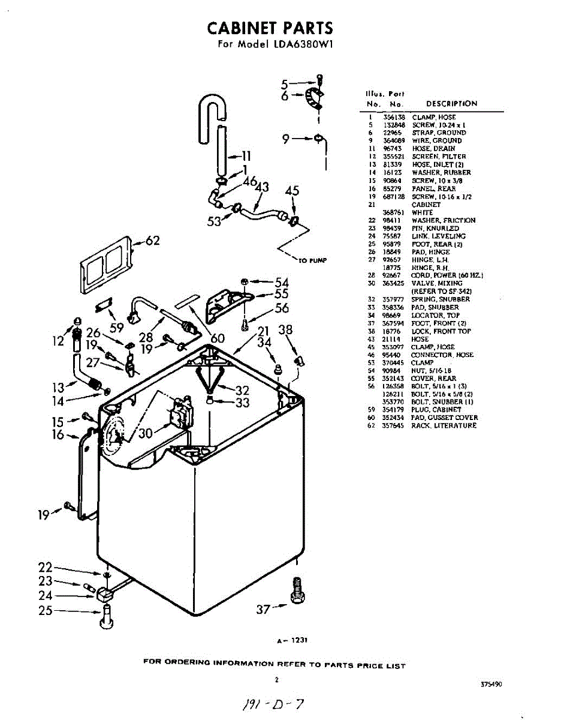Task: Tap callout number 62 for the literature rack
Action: pos(153,241)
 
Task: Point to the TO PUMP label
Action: pos(311,260)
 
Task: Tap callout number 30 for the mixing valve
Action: pos(146,433)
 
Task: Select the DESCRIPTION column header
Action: pos(451,104)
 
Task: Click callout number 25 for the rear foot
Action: pos(45,611)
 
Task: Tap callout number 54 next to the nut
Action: pos(282,282)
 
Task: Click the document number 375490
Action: pos(491,684)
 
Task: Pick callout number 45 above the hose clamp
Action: pos(292,191)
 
